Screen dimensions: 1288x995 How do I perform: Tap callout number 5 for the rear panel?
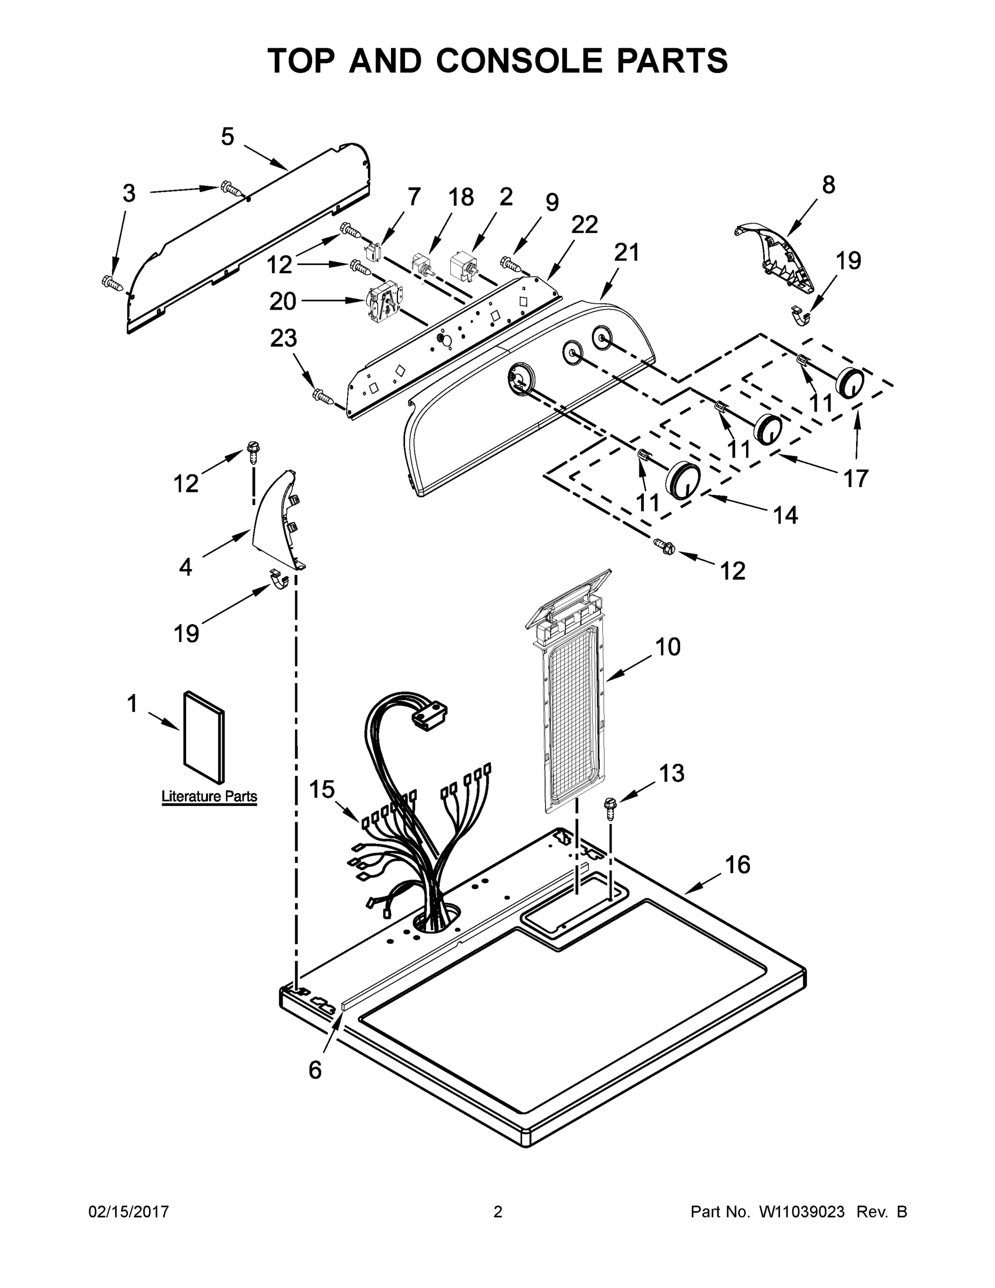[x=227, y=137]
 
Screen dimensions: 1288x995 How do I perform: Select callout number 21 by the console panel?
[x=627, y=252]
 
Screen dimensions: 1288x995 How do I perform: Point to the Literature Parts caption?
[x=209, y=796]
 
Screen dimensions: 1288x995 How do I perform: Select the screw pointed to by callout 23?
[x=323, y=396]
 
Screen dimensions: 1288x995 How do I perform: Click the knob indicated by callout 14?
[x=683, y=479]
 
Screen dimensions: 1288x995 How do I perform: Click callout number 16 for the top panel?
[x=738, y=865]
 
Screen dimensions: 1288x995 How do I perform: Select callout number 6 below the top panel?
[x=315, y=1069]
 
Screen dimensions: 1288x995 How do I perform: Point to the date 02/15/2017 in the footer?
[x=129, y=1212]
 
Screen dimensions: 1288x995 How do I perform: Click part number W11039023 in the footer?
[x=802, y=1212]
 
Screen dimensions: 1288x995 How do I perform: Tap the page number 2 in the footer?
[x=498, y=1212]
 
